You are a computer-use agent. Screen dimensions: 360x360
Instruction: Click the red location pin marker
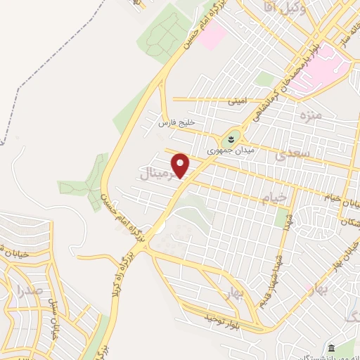coord(181,165)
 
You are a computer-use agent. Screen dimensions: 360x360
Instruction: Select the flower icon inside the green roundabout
coord(233,136)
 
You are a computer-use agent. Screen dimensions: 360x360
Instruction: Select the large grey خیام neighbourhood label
coord(270,198)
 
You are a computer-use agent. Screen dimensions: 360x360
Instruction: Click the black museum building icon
coord(332,348)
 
